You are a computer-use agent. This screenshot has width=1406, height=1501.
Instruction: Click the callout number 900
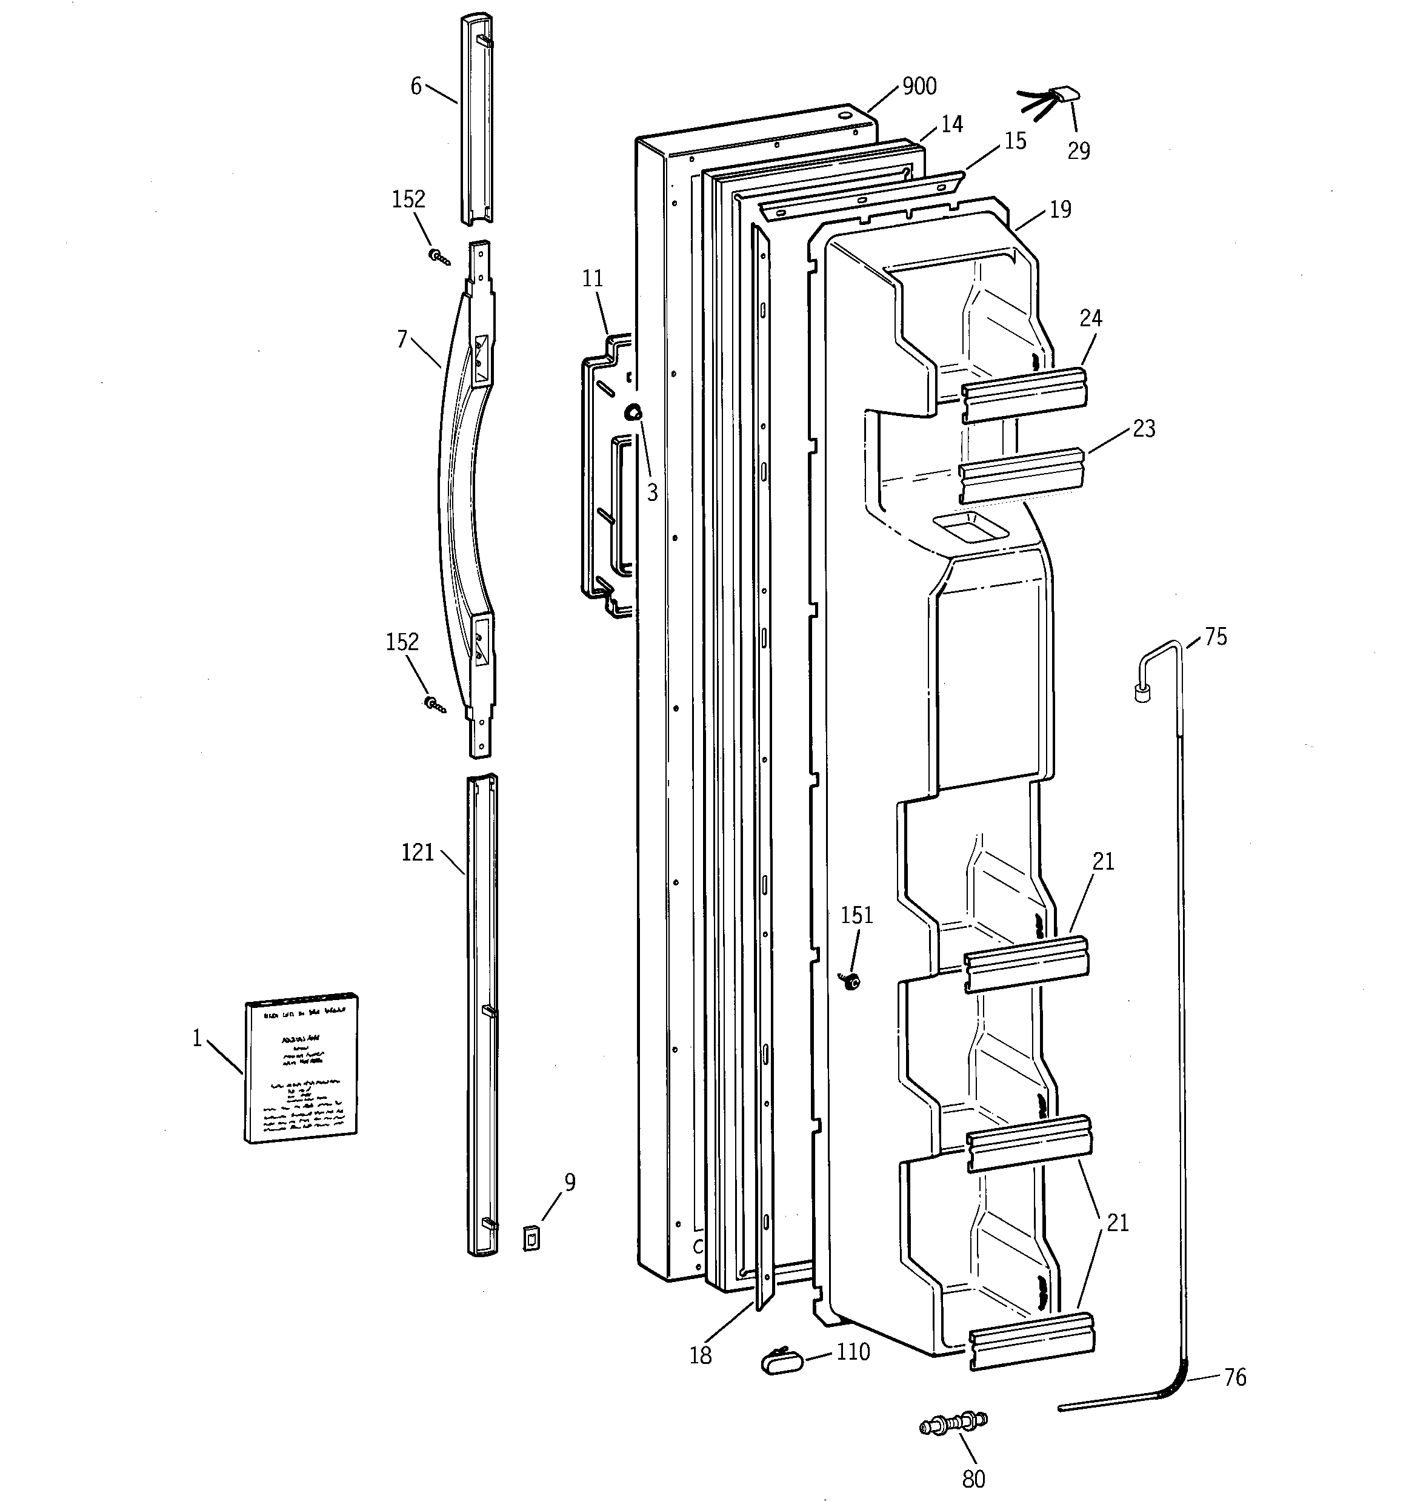coord(919,86)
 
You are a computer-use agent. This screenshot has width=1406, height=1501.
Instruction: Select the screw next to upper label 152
coord(439,258)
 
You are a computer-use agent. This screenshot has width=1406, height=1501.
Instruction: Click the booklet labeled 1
coord(301,1067)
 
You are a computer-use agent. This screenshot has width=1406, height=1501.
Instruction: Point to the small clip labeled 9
coord(532,1238)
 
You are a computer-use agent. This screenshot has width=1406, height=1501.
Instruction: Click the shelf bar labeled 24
coord(1024,392)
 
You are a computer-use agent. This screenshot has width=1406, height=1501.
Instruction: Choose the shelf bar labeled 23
coord(1022,475)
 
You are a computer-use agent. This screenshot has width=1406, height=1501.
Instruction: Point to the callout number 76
coord(1234,1377)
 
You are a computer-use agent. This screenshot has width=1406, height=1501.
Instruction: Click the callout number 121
coord(418,853)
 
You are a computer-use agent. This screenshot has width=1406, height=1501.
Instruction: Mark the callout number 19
coord(1061,209)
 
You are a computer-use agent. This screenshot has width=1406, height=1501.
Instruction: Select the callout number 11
coord(593,278)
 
